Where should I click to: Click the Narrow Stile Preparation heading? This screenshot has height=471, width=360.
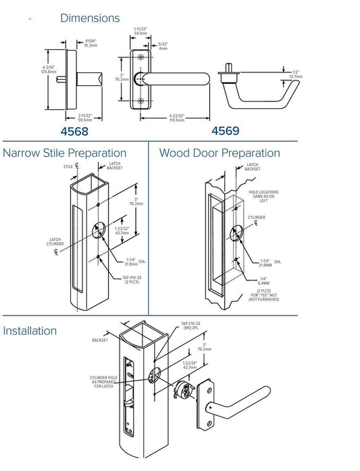(65, 153)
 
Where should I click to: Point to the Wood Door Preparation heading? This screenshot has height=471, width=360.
(220, 153)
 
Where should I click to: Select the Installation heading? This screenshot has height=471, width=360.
(39, 331)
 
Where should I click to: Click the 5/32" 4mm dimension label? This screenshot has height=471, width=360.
(163, 47)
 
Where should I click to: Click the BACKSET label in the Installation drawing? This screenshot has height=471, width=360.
(99, 341)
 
